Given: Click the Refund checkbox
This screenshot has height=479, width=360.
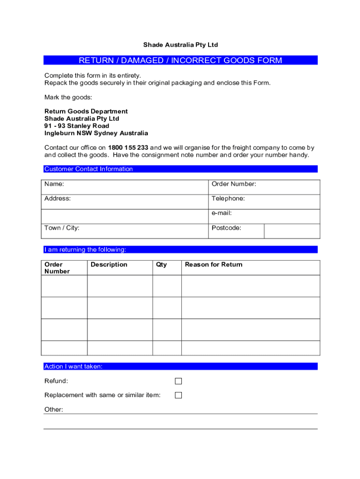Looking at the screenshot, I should pyautogui.click(x=178, y=381).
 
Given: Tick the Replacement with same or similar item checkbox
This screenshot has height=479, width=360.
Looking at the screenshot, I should pyautogui.click(x=178, y=395).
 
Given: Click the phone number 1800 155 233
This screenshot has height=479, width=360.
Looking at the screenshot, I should pyautogui.click(x=128, y=148).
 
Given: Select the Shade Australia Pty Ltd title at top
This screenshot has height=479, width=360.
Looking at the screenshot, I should pyautogui.click(x=180, y=45).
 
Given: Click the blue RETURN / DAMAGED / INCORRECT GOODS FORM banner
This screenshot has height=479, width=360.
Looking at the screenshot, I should pyautogui.click(x=180, y=60).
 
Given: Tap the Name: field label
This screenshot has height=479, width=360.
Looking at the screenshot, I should pyautogui.click(x=54, y=184).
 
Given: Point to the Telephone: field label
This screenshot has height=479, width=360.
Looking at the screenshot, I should pyautogui.click(x=228, y=199).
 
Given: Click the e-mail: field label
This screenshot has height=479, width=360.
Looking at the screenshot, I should pyautogui.click(x=222, y=213).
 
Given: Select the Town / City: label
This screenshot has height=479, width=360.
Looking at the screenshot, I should pyautogui.click(x=62, y=228).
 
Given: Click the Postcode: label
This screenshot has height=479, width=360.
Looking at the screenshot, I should pyautogui.click(x=226, y=228).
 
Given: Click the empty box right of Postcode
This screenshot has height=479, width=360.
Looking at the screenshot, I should pyautogui.click(x=292, y=231).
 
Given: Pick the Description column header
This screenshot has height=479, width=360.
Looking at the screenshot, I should pyautogui.click(x=109, y=265).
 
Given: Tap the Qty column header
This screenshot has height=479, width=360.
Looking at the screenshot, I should pyautogui.click(x=161, y=265).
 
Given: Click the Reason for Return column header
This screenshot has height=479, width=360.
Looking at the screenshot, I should pyautogui.click(x=214, y=265).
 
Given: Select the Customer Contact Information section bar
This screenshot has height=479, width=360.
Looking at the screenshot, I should pyautogui.click(x=180, y=169).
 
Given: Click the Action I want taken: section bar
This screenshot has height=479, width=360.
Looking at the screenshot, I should pyautogui.click(x=180, y=367).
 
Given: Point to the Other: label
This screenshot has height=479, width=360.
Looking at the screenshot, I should pyautogui.click(x=54, y=410).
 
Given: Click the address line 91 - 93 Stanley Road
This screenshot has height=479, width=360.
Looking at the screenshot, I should pyautogui.click(x=77, y=126).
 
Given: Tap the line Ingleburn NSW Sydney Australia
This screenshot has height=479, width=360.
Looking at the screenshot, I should pyautogui.click(x=96, y=133).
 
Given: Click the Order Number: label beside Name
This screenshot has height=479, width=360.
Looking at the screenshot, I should pyautogui.click(x=234, y=184).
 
